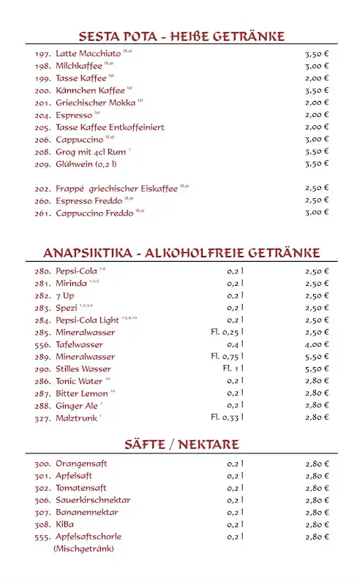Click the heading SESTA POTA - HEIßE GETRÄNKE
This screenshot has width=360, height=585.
(181, 37)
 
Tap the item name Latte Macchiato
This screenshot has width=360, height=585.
(89, 53)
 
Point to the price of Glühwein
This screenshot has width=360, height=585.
(316, 164)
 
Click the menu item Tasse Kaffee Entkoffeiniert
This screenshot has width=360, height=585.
(110, 127)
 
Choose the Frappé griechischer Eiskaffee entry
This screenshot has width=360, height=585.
(116, 189)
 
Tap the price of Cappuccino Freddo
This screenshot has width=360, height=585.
(316, 213)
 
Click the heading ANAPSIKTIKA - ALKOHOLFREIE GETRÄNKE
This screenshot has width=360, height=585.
(181, 254)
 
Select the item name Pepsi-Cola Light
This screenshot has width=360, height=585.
(87, 320)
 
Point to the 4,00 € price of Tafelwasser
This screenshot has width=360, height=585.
(316, 344)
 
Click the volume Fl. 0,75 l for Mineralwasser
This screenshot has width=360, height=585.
(227, 357)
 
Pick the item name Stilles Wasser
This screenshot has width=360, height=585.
(83, 369)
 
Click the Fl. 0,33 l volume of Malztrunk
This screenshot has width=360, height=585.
(227, 418)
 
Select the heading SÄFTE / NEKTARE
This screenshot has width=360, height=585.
(181, 445)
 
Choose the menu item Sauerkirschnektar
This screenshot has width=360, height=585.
(93, 500)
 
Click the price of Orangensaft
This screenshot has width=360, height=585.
(316, 464)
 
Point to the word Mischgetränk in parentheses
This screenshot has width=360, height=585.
(83, 548)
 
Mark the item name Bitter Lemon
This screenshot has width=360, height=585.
(81, 393)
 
